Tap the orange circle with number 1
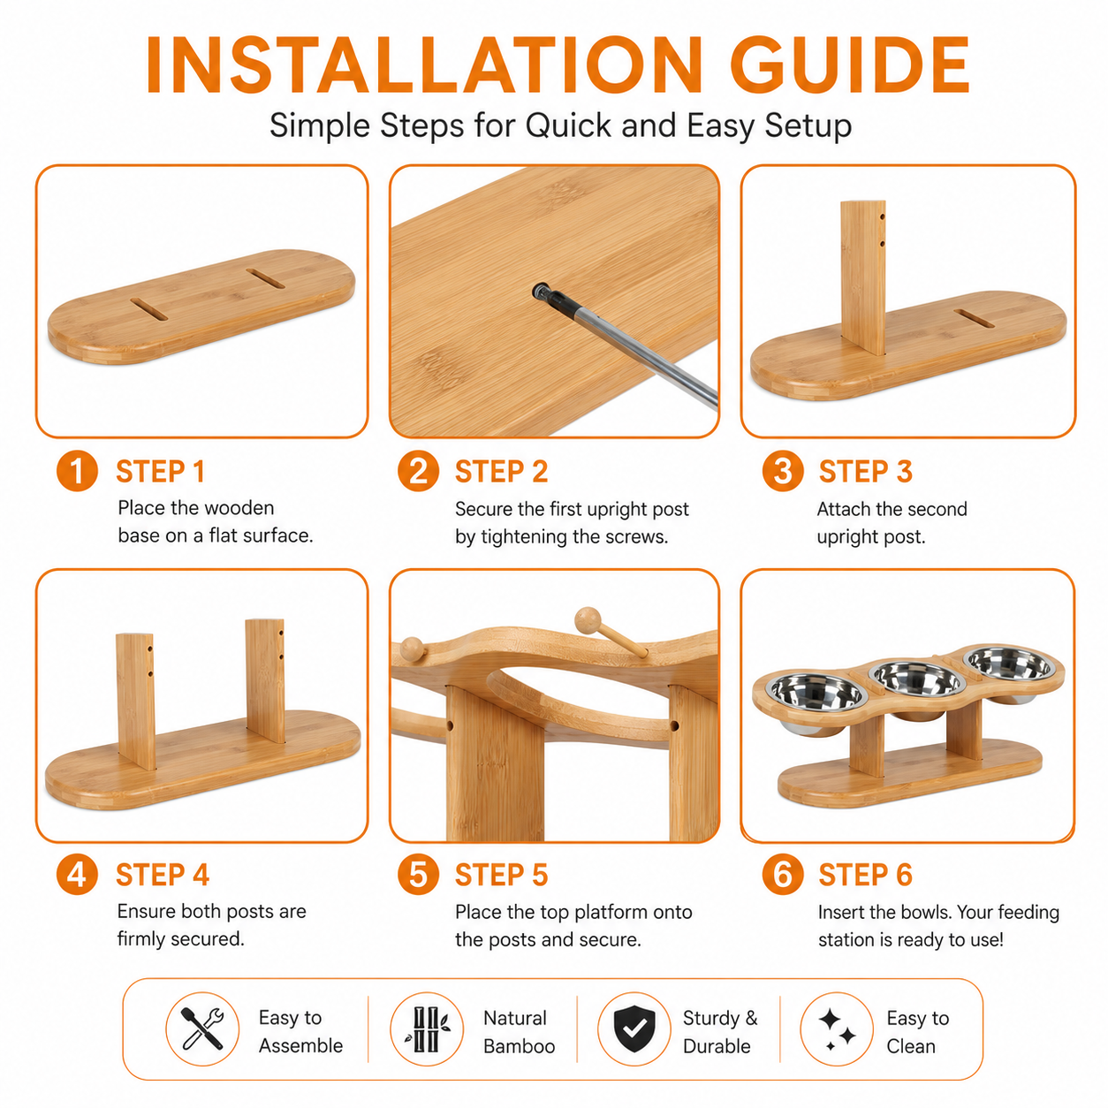77,471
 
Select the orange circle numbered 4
77,874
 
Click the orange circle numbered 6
783,874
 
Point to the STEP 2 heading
501,472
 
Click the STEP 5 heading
501,875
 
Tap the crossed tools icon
202,1028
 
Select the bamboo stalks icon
428,1029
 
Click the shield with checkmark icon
634,1029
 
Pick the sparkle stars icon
837,1029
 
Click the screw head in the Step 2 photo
541,291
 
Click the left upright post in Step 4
136,701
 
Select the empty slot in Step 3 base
974,319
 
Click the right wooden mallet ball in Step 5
588,620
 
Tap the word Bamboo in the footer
520,1046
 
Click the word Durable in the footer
717,1046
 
